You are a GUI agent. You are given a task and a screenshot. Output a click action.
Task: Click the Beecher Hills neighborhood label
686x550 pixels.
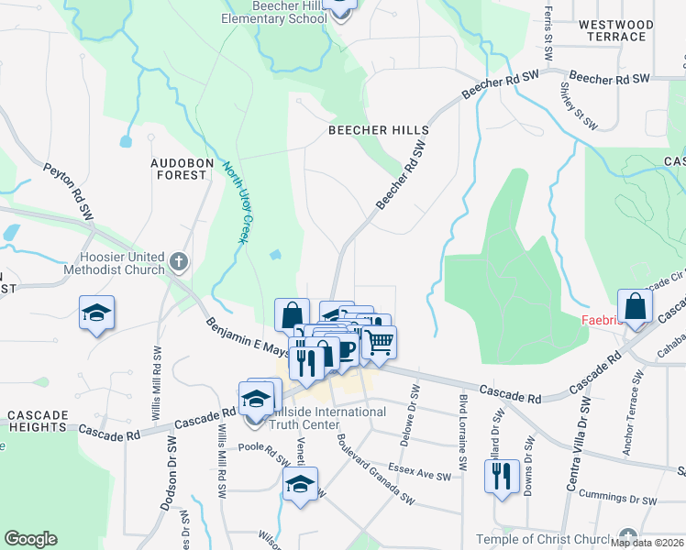379,131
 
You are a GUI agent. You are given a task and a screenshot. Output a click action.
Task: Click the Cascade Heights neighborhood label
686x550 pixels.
38,421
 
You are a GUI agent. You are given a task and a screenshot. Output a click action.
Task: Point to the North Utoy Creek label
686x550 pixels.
235,202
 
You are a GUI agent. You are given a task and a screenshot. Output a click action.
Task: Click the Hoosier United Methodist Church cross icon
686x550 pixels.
179,263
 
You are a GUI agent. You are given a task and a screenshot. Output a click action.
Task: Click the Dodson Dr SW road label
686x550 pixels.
171,467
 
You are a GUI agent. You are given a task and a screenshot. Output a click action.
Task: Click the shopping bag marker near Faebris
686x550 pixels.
635,306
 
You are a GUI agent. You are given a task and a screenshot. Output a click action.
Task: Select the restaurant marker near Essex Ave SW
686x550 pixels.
501,477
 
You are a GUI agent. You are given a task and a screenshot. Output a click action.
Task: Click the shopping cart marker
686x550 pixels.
378,342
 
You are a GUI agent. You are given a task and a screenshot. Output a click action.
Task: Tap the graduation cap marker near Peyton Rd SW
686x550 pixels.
96,313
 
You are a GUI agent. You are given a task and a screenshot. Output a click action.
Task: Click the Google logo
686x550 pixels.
30,539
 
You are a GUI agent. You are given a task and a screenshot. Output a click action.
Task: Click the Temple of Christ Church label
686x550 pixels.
543,538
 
